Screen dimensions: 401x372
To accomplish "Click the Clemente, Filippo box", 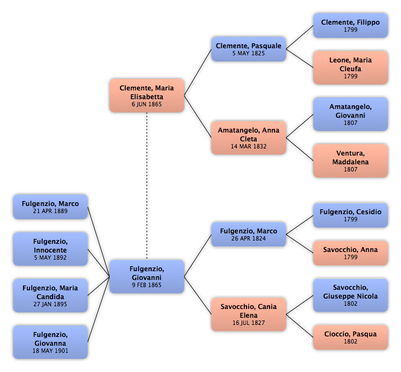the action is [351, 26].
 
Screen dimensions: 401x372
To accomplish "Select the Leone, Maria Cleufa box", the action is [351, 67].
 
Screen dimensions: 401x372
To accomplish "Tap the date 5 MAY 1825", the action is [249, 53].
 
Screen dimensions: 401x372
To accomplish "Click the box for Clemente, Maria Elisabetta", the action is [147, 95].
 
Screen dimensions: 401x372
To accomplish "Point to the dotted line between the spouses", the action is [147, 186].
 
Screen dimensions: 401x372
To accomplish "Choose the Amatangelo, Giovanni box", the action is [351, 114].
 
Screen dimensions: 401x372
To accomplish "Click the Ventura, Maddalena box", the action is [351, 161].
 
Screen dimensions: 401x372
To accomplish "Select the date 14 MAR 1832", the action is [249, 146].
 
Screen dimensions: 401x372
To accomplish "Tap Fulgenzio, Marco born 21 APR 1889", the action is [50, 207].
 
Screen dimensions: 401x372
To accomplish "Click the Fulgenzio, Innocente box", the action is [50, 249].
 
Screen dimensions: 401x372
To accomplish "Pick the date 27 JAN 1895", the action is [50, 304].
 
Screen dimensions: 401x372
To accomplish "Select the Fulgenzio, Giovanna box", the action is [50, 342].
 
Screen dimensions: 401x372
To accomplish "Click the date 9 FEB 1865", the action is [147, 285].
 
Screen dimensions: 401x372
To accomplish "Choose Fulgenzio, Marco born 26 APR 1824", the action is [249, 234].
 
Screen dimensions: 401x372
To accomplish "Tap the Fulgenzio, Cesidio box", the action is [351, 215].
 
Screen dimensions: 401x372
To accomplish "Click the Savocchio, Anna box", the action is [351, 253].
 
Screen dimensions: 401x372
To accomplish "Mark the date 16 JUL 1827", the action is [249, 323].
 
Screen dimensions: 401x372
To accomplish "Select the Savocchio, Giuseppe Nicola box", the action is [351, 295].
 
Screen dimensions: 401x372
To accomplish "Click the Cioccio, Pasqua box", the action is [351, 337].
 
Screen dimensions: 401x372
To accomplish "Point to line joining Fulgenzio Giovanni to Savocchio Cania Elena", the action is [198, 295].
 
